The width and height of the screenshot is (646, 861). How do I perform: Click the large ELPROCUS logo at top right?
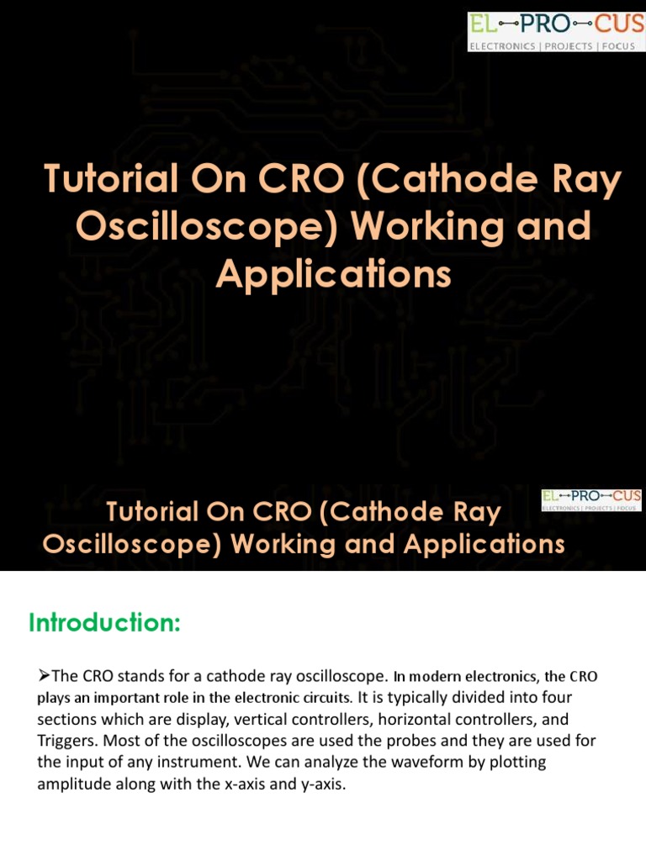(x=556, y=31)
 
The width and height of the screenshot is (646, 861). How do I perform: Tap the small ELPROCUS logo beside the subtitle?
(x=591, y=500)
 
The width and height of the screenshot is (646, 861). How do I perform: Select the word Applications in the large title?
(x=333, y=274)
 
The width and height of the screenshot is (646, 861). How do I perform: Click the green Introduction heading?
(x=104, y=623)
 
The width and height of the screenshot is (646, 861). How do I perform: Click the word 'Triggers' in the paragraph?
(x=66, y=742)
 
